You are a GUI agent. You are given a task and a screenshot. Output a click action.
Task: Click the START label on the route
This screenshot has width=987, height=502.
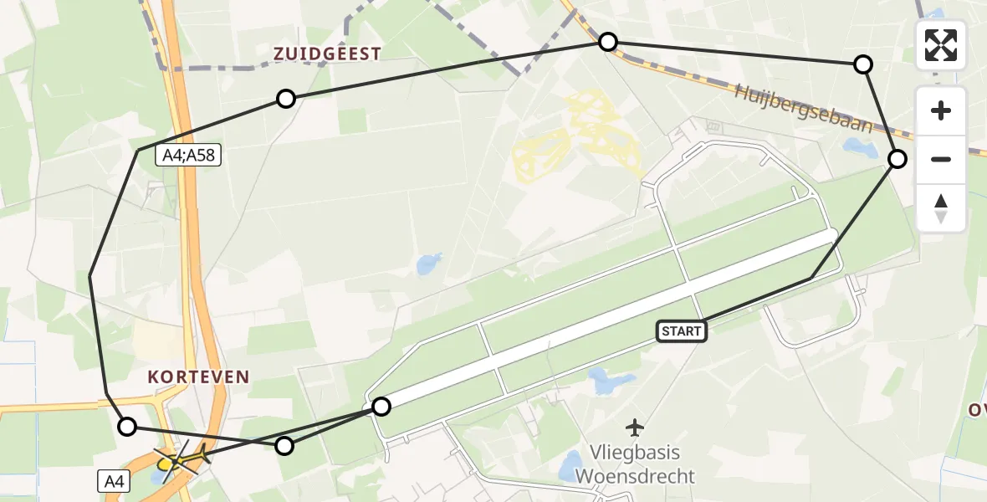click(682, 331)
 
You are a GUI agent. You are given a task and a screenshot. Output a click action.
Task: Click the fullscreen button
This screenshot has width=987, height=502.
click(941, 45)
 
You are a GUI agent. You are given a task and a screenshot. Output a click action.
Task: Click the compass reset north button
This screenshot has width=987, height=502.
click(941, 208)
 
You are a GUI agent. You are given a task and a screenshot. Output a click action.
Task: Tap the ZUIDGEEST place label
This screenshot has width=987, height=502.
click(327, 54)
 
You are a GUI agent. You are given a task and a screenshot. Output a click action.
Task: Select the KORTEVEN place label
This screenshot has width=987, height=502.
click(199, 377)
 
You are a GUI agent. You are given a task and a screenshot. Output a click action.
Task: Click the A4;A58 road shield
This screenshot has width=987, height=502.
click(189, 155)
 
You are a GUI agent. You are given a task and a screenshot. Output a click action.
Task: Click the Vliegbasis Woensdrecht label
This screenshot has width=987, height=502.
click(636, 464)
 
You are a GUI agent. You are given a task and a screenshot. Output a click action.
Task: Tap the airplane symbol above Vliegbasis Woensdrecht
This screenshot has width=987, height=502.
click(636, 428)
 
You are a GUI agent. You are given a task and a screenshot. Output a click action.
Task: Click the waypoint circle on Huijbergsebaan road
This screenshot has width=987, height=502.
click(608, 42)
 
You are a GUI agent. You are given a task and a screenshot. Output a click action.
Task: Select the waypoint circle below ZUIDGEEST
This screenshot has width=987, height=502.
click(286, 99)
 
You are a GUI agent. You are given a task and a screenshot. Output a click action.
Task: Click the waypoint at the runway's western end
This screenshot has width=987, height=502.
click(381, 407)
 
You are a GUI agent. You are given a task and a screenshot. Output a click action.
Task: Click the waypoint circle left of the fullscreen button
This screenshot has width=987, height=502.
click(863, 64)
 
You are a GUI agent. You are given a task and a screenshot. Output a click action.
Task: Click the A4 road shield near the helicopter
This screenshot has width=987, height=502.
click(112, 481)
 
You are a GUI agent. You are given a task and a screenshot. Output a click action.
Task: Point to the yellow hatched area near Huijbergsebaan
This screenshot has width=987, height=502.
click(577, 134)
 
